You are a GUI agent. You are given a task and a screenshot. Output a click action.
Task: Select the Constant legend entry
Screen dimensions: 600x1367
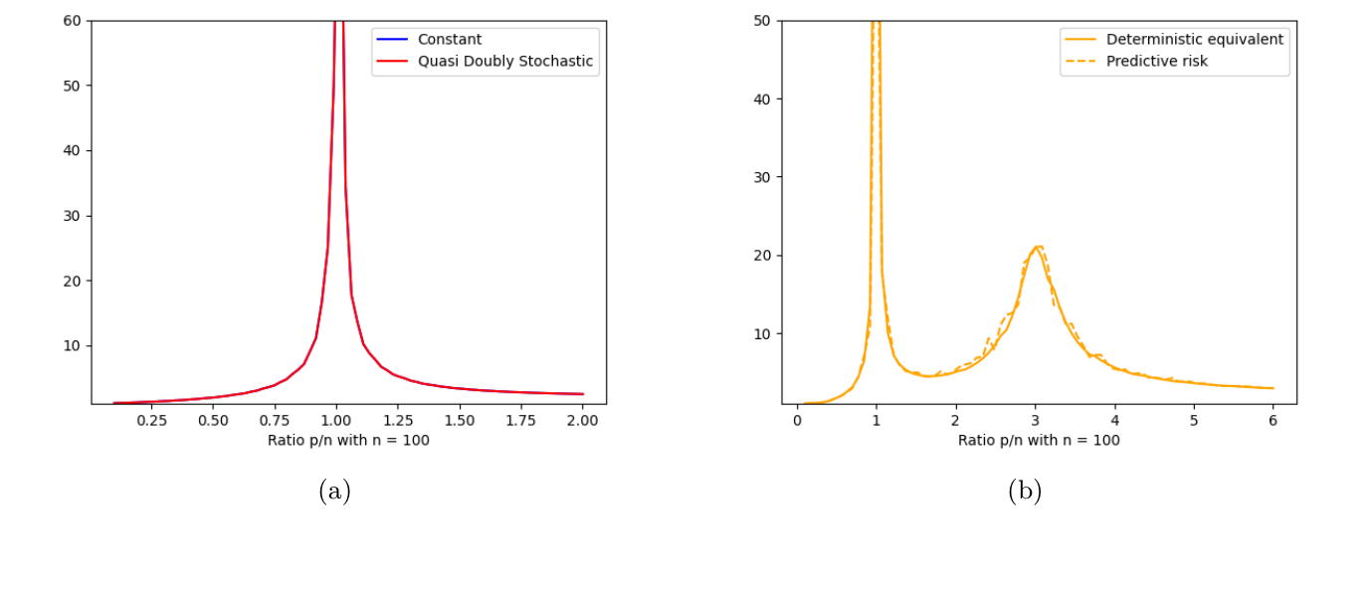(450, 40)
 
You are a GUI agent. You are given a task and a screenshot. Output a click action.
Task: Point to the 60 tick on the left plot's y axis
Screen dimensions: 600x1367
(72, 21)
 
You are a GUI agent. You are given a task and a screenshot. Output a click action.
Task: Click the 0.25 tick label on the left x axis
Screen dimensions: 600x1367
(151, 421)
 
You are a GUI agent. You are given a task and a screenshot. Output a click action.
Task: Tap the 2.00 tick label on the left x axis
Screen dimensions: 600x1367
(582, 421)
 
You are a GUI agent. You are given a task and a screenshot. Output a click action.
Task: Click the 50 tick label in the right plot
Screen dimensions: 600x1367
(763, 21)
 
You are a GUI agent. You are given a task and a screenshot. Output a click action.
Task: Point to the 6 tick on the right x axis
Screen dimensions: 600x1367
(1272, 421)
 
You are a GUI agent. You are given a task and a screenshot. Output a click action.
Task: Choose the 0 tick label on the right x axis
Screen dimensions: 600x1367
(797, 421)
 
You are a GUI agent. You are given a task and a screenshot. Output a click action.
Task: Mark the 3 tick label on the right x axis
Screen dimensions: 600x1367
(1035, 421)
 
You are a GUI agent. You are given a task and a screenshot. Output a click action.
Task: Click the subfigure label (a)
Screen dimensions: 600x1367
(334, 491)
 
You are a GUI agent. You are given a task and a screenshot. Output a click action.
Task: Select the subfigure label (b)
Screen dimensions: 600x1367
(1025, 491)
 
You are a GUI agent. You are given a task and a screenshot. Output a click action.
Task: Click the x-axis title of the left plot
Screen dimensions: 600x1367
(348, 440)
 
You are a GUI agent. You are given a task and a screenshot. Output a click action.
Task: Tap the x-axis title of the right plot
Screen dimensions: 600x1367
(1039, 440)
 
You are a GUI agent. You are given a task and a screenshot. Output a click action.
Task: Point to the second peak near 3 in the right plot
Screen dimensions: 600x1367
(1037, 247)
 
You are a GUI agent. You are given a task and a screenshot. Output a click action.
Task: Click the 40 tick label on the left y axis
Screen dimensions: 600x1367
(72, 150)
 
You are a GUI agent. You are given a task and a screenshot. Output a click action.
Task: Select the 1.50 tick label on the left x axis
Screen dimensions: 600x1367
(460, 421)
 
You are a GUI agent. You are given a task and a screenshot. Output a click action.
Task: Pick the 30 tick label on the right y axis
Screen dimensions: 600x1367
(763, 177)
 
